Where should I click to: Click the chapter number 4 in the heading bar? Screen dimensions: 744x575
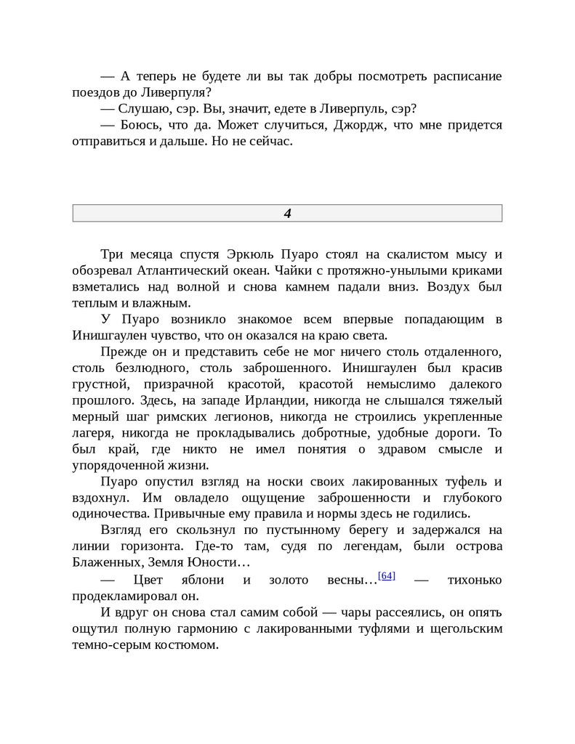click(287, 214)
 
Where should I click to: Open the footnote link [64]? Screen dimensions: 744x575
click(386, 576)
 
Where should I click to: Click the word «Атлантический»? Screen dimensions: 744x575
click(177, 270)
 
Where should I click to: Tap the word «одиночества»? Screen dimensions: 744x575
click(106, 514)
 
